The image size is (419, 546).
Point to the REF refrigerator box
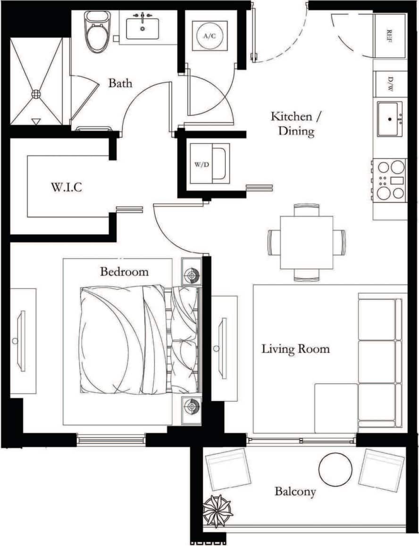pos(389,35)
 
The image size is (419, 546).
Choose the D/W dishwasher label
pos(390,84)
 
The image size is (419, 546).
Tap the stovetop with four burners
pos(390,180)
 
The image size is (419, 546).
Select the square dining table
pos(306,242)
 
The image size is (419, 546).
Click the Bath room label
pos(120,84)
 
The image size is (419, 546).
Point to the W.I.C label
pos(66,187)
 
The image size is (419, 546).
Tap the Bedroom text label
pos(124,272)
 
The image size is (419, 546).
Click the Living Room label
pos(295,349)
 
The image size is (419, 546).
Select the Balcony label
pos(295,492)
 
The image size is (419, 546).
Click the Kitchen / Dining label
pos(291,123)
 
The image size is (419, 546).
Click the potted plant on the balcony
pos(218,511)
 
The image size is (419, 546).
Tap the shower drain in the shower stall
pos(36,94)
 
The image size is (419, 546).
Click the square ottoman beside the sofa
pos(336,407)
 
